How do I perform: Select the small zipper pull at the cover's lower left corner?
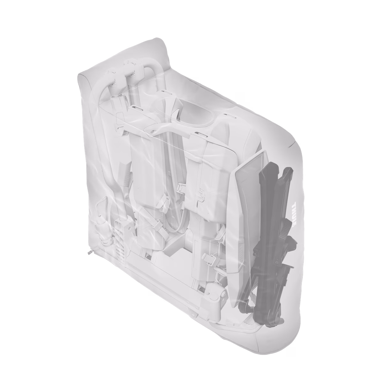click(90, 252)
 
